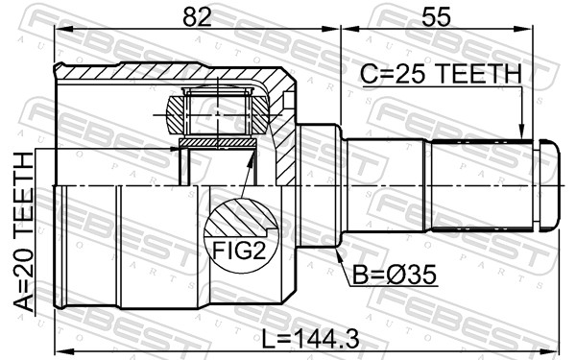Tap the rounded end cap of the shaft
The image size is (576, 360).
546,185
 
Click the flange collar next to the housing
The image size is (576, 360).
320,185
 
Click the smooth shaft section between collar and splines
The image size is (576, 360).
384,185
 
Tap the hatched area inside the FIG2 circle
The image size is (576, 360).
240,216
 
